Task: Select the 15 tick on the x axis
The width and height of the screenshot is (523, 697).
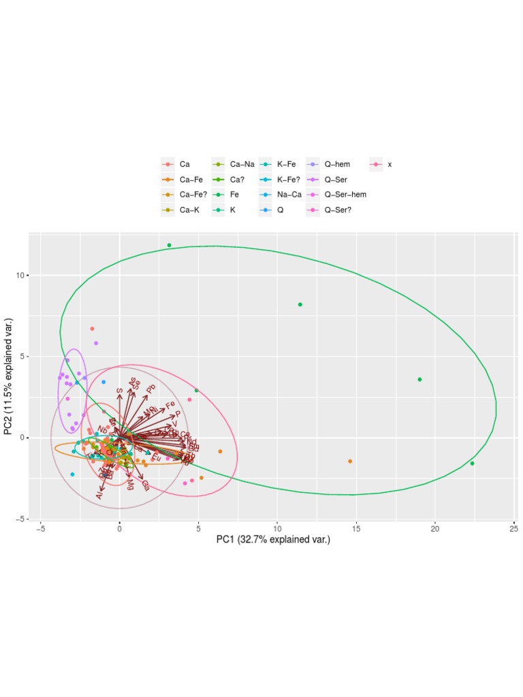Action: pyautogui.click(x=356, y=528)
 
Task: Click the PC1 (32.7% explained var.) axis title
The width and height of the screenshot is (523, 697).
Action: pyautogui.click(x=273, y=540)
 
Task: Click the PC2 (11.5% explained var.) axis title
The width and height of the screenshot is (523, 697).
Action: pyautogui.click(x=9, y=376)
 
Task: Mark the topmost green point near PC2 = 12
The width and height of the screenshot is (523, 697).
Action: pyautogui.click(x=169, y=245)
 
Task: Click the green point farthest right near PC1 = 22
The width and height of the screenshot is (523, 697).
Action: pyautogui.click(x=472, y=464)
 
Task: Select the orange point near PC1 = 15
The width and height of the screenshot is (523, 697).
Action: pyautogui.click(x=350, y=461)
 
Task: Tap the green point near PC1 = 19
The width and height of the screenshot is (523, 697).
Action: pyautogui.click(x=419, y=379)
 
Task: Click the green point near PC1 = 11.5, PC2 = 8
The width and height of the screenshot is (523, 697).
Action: pyautogui.click(x=300, y=304)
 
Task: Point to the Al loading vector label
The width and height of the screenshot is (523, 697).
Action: pyautogui.click(x=99, y=496)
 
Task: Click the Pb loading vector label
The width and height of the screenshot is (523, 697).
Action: pyautogui.click(x=151, y=389)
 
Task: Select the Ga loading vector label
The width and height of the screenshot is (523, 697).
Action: pyautogui.click(x=145, y=484)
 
